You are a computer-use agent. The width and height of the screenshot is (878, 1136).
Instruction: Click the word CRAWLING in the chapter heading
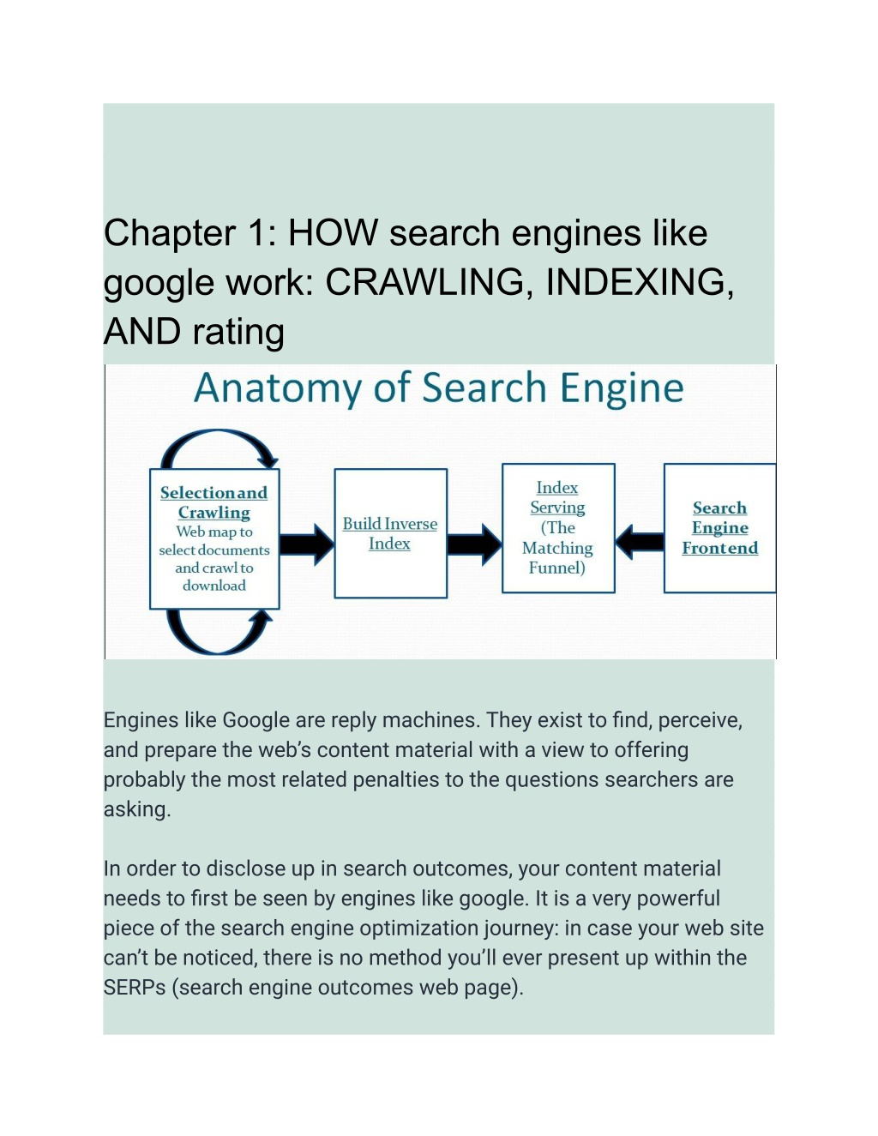(424, 282)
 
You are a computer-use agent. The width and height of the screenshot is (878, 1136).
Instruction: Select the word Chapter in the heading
(169, 234)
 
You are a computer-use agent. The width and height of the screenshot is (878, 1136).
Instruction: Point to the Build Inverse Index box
(390, 533)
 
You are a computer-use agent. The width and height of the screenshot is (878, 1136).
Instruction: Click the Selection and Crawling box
(214, 539)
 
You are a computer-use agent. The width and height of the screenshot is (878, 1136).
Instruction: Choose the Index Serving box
(558, 528)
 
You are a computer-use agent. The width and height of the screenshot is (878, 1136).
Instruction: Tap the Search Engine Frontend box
(719, 528)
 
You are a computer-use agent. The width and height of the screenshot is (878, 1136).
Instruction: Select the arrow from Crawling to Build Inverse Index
(307, 544)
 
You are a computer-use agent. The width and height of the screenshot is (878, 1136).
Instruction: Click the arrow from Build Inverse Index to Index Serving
(474, 544)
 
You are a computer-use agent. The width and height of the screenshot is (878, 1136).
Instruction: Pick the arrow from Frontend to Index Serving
(640, 542)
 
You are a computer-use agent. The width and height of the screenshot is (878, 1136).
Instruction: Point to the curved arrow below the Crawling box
(217, 652)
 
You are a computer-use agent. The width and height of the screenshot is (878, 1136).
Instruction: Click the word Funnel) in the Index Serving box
(557, 568)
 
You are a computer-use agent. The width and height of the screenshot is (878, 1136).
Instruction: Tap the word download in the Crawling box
(214, 586)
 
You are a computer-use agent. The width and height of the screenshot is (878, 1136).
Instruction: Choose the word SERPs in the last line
(135, 988)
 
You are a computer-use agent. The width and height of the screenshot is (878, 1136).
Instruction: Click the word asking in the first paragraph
(137, 810)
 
